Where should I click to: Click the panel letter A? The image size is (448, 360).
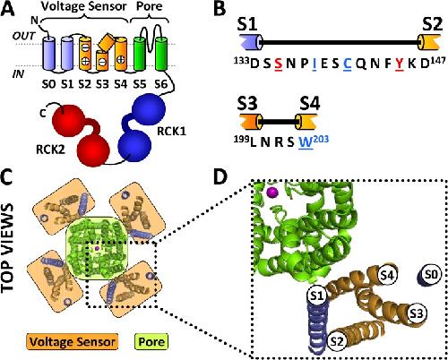click(8, 9)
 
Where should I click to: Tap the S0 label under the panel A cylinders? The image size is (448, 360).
click(48, 84)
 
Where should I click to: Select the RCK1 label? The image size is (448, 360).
click(171, 131)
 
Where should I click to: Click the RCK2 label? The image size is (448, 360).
click(50, 150)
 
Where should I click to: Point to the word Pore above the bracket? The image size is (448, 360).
click(149, 6)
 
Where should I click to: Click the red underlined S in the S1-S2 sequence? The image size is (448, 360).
click(279, 64)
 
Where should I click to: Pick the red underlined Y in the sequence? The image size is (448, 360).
click(400, 64)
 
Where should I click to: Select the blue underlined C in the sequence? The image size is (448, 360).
click(348, 64)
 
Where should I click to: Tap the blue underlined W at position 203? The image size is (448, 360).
click(306, 142)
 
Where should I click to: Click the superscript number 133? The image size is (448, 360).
click(241, 61)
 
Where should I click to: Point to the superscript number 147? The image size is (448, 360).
click(437, 61)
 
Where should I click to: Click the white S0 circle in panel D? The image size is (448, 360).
click(431, 274)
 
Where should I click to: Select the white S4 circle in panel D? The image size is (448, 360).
click(387, 275)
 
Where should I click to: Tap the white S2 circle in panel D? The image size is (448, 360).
click(337, 340)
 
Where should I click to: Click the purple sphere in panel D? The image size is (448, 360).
click(272, 193)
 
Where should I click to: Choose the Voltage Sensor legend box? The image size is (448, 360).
click(73, 341)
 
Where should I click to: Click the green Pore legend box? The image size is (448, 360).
click(151, 341)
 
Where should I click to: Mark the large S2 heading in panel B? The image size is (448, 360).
click(432, 24)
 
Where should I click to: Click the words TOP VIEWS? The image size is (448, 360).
click(8, 247)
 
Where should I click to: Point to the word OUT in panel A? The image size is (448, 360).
click(23, 36)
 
